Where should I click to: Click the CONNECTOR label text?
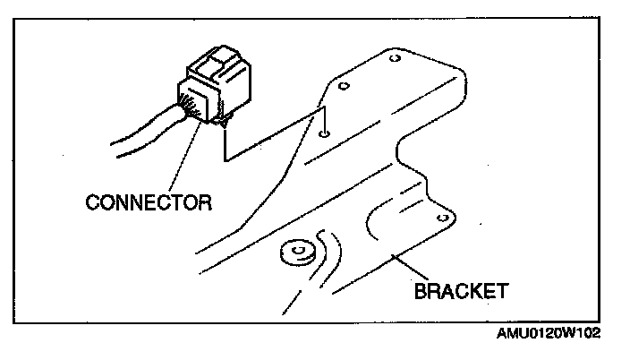(x=149, y=202)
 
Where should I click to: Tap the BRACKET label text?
(x=461, y=291)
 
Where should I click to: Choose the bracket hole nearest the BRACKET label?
(x=440, y=217)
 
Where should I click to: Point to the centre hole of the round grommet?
(x=293, y=249)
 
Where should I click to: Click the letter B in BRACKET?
(x=420, y=291)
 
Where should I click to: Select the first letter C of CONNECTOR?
(x=92, y=202)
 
